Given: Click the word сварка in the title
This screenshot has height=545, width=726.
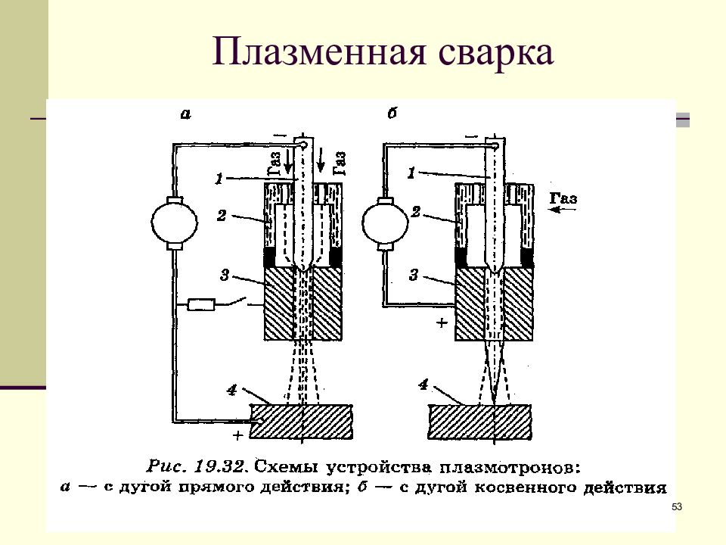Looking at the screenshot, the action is click(495, 52).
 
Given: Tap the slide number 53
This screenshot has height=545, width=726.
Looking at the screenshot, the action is click(677, 506).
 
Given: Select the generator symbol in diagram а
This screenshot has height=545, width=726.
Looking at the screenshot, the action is click(174, 223).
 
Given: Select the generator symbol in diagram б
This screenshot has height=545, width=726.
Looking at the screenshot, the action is click(385, 223).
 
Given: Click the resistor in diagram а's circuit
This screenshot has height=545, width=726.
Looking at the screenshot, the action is click(201, 304).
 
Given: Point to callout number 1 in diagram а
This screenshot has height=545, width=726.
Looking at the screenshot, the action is click(220, 178).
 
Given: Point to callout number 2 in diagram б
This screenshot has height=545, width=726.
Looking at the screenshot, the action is click(415, 212).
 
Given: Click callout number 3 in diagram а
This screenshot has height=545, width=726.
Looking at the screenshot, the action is click(225, 276).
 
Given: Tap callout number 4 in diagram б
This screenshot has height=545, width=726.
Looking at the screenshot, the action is click(423, 385).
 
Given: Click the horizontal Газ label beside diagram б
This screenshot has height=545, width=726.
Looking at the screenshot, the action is click(563, 198).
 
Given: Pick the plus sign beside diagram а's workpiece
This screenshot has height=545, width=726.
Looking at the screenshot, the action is click(237, 435).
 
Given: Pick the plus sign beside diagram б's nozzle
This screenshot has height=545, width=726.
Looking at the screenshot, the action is click(442, 322).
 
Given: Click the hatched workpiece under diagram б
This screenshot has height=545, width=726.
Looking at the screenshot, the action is click(479, 422).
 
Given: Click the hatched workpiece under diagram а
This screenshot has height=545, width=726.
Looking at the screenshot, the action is click(302, 422).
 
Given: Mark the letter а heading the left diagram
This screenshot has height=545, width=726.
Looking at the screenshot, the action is click(185, 114).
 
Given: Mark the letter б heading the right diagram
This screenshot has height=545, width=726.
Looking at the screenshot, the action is click(392, 113).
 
